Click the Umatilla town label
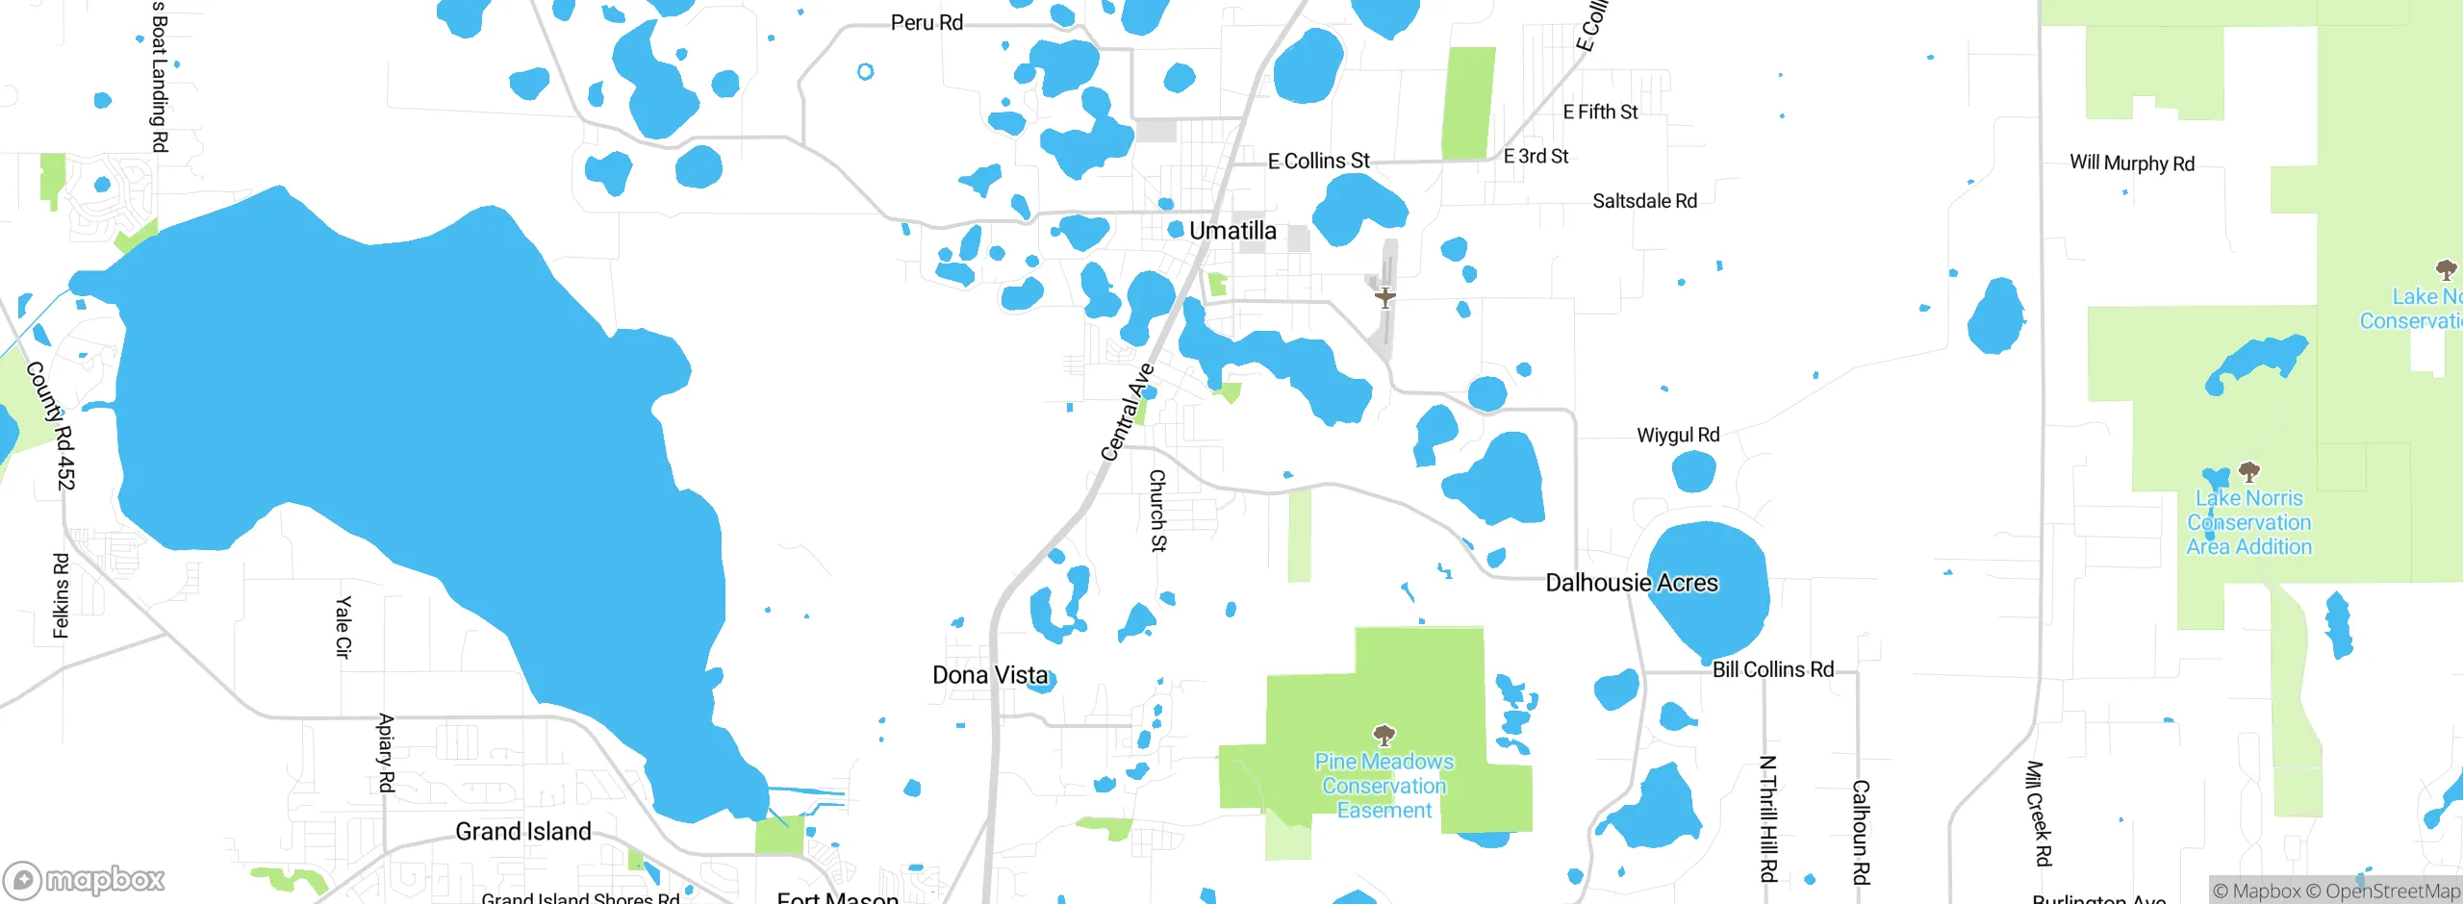tap(1232, 231)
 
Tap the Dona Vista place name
tap(990, 675)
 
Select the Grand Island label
tap(522, 832)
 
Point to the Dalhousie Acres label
tap(1631, 583)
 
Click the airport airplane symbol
tap(1384, 297)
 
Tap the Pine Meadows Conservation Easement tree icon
tap(1384, 737)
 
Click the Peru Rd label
tap(927, 23)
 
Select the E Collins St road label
tap(1318, 162)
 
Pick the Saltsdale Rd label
tap(1644, 201)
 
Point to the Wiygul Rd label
tap(1678, 436)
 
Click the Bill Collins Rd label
tap(1773, 669)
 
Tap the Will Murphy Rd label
tap(2132, 163)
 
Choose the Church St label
tap(1158, 511)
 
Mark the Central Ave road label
tap(1127, 412)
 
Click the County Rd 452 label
tap(50, 424)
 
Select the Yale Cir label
tap(343, 627)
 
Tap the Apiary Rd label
tap(386, 753)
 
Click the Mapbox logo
tap(85, 879)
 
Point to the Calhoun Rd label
tap(1861, 832)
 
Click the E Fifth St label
tap(1600, 113)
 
